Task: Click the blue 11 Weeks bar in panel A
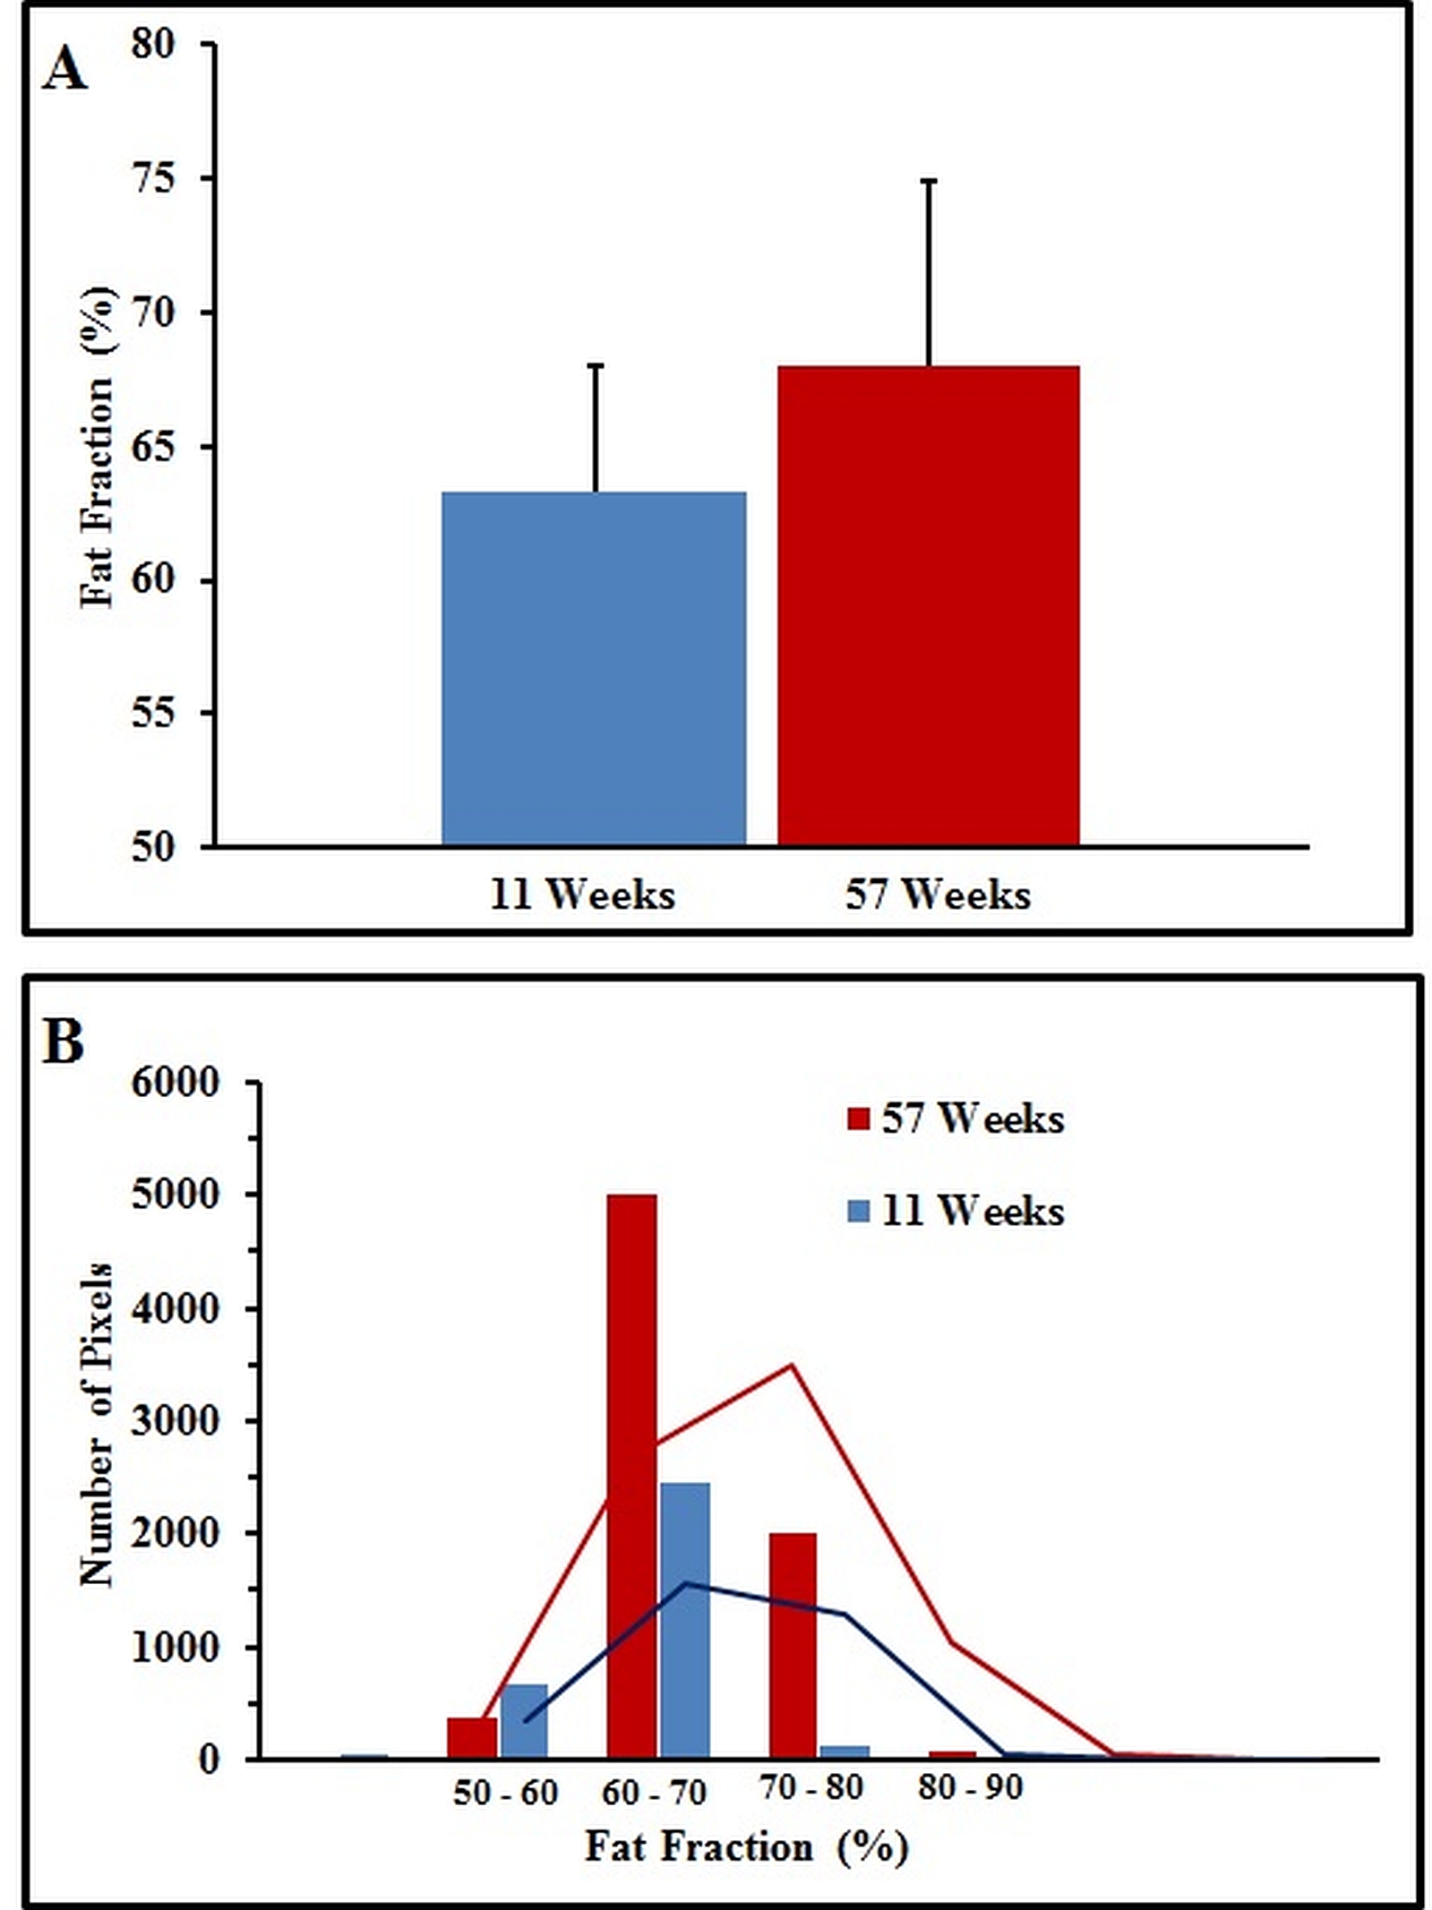tap(594, 668)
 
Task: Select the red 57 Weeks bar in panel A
tap(928, 605)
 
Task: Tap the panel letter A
tap(64, 69)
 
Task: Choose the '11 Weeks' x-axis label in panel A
tap(582, 895)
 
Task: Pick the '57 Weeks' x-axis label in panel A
tap(938, 895)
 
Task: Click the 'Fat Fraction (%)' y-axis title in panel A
tap(98, 448)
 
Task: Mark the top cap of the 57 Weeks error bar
tap(930, 181)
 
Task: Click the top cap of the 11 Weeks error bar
tap(596, 365)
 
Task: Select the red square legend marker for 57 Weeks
tap(858, 1119)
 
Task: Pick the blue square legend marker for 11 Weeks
tap(858, 1212)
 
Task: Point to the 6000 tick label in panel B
tap(175, 1083)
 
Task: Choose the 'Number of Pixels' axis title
tap(97, 1424)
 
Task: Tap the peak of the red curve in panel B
tap(792, 1365)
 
